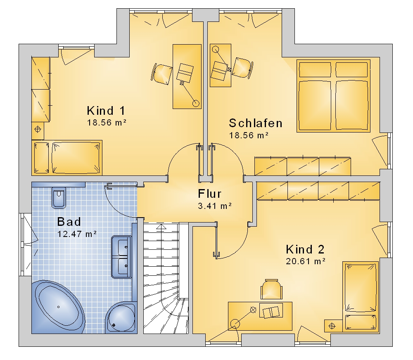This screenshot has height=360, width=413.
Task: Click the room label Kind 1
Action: coord(106,111)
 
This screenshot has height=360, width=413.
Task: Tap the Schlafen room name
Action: coord(256,123)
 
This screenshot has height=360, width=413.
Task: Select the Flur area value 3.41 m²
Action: coord(215,206)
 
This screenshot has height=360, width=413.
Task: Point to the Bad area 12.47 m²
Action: coord(77,234)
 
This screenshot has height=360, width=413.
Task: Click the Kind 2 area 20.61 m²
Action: coord(306,261)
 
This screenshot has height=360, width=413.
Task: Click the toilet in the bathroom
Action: coord(59,197)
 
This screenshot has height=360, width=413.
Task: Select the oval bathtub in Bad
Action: coord(59,307)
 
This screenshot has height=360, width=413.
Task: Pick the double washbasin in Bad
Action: coord(121,257)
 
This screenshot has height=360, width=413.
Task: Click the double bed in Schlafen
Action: coord(333,96)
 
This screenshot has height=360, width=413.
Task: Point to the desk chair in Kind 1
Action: coord(161,74)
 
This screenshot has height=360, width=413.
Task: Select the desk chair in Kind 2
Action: coord(271,289)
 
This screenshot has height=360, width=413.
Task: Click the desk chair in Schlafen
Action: coord(242,68)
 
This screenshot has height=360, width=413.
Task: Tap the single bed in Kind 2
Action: coord(360,296)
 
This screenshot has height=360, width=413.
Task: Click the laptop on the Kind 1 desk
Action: coord(185,72)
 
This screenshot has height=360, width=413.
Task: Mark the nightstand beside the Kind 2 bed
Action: coord(332,326)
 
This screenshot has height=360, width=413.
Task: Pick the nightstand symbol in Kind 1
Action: coord(38,130)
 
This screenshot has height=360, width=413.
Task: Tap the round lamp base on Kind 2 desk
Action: coord(235,324)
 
